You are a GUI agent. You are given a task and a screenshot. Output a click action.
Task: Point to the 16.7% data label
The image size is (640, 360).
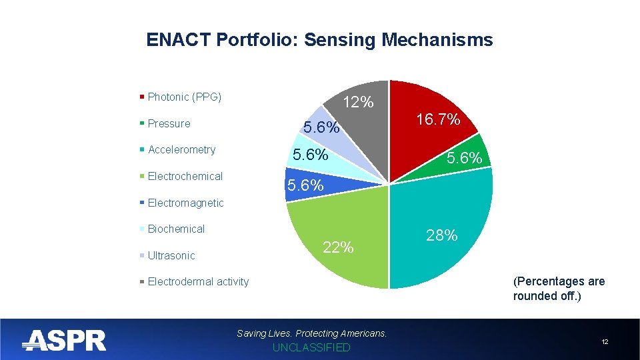pyautogui.click(x=438, y=120)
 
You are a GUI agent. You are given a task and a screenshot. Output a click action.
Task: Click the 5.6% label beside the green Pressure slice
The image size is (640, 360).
pyautogui.click(x=469, y=158)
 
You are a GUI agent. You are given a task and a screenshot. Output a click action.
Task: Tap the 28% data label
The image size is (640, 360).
pyautogui.click(x=441, y=235)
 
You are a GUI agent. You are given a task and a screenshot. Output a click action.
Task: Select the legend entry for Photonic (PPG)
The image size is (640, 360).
pyautogui.click(x=184, y=97)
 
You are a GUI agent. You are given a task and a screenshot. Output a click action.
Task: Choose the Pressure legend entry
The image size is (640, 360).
pyautogui.click(x=169, y=124)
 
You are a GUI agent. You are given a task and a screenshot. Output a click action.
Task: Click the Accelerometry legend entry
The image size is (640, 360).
pyautogui.click(x=181, y=150)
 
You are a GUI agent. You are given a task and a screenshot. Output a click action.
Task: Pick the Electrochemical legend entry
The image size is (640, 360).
pyautogui.click(x=185, y=177)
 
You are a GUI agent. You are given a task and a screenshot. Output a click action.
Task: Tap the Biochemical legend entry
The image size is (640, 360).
pyautogui.click(x=176, y=229)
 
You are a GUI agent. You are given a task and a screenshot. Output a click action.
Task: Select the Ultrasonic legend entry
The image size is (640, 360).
pyautogui.click(x=171, y=256)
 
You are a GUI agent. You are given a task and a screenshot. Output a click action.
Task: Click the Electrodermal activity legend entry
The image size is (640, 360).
pyautogui.click(x=198, y=282)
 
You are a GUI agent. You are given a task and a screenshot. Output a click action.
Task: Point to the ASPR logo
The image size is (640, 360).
pyautogui.click(x=64, y=341)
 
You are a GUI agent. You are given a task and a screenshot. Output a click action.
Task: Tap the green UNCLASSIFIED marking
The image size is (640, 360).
pyautogui.click(x=311, y=348)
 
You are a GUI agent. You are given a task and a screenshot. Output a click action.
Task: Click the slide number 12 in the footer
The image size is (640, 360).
pyautogui.click(x=605, y=342)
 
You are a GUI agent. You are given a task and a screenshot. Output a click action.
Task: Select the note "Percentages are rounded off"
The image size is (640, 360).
pyautogui.click(x=559, y=289)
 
